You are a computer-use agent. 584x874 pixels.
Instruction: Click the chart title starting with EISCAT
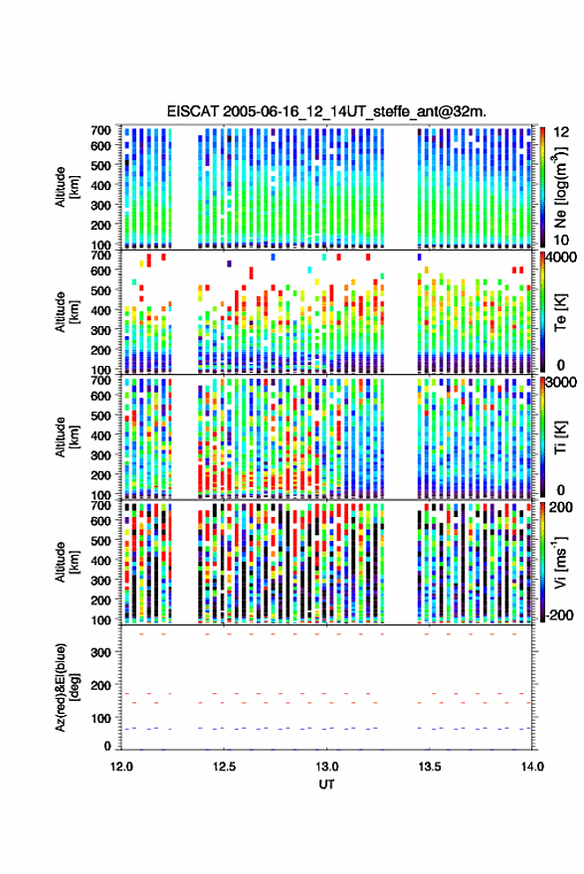point(326,111)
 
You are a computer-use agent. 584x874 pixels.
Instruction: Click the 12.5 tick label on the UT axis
point(224,767)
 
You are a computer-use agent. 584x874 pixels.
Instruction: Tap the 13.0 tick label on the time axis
point(327,767)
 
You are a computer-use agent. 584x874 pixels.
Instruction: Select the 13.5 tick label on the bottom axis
point(430,767)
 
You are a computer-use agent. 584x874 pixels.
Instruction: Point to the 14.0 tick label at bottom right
point(532,767)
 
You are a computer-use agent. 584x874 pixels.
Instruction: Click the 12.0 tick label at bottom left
point(121,767)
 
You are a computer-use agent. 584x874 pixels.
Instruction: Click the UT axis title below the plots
point(326,785)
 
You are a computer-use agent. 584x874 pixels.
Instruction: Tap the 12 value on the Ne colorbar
point(561,132)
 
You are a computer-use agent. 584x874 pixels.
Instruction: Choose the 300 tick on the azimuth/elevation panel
point(100,652)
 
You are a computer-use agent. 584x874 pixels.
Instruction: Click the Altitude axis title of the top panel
point(66,187)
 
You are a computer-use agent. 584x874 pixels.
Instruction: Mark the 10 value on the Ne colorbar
point(561,241)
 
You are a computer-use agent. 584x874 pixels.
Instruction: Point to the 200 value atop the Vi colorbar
point(560,507)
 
